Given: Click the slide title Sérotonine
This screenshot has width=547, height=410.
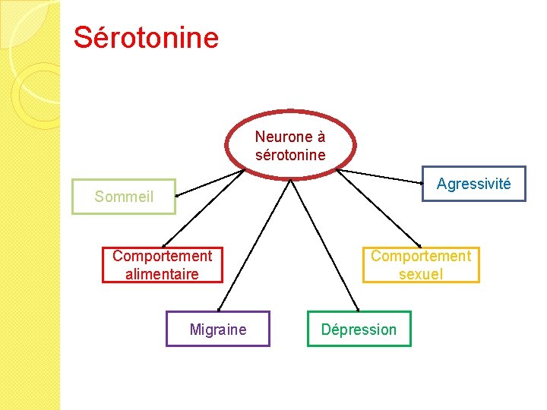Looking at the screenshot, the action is pyautogui.click(x=146, y=37).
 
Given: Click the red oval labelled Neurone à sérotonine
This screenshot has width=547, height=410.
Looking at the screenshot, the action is pyautogui.click(x=290, y=145).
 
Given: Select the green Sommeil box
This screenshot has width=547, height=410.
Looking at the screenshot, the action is pyautogui.click(x=124, y=197).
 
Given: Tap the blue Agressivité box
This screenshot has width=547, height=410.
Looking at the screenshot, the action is pyautogui.click(x=473, y=184).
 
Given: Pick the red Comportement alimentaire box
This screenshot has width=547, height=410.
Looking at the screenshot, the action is pyautogui.click(x=163, y=265).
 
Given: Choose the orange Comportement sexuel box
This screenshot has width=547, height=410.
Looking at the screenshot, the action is pyautogui.click(x=420, y=265).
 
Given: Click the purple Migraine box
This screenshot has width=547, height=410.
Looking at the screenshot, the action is pyautogui.click(x=218, y=330).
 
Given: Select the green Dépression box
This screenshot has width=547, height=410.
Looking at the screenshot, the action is pyautogui.click(x=359, y=330).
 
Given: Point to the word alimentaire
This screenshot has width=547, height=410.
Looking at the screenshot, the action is pyautogui.click(x=162, y=274).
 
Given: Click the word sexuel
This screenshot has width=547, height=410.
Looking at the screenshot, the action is pyautogui.click(x=420, y=274).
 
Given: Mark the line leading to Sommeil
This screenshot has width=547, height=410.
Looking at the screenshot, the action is pyautogui.click(x=209, y=183).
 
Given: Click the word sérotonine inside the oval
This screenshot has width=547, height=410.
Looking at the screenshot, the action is pyautogui.click(x=290, y=155).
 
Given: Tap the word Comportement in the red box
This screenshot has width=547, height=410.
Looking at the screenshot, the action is pyautogui.click(x=163, y=256).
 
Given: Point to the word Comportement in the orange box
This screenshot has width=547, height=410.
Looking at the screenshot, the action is pyautogui.click(x=420, y=256).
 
